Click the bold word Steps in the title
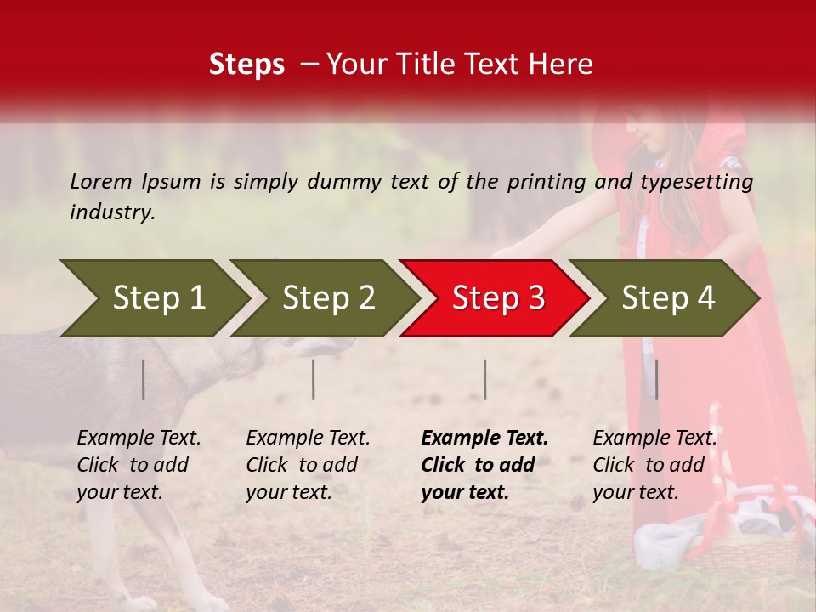pos(246,65)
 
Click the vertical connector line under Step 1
pos(144,379)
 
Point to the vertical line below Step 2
pos(314,379)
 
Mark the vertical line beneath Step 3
pos(485,379)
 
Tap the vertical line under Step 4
pos(656,379)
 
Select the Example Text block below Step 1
pos(139,465)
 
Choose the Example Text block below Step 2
pos(308,465)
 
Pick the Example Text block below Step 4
pos(654,465)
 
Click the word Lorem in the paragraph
pos(101,181)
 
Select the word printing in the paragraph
pos(548,182)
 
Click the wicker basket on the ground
pos(748,552)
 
